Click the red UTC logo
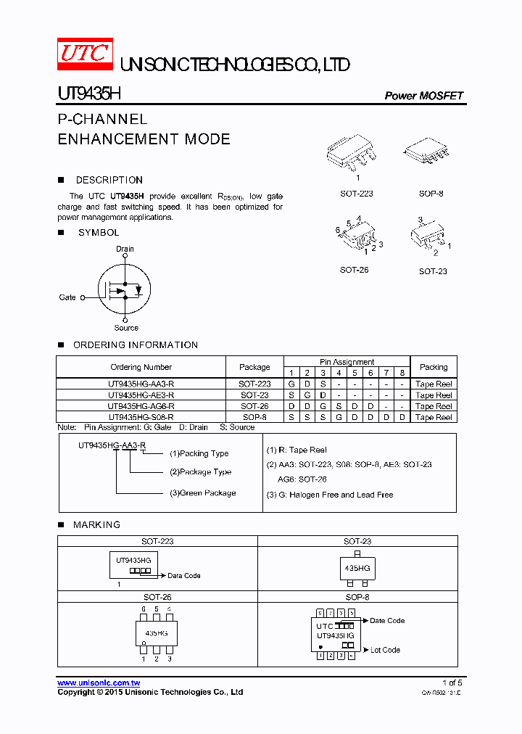tap(85, 54)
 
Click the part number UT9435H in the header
tap(90, 94)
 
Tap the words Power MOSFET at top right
tap(423, 96)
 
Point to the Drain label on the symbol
tap(125, 249)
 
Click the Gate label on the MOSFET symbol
tap(67, 297)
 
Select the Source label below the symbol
tap(126, 328)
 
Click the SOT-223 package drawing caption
tap(357, 194)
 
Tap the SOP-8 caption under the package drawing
tap(431, 194)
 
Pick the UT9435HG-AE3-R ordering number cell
tap(141, 395)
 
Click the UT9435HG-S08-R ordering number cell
tap(141, 417)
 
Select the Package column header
tap(254, 367)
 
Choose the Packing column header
tap(434, 367)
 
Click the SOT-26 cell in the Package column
tap(254, 406)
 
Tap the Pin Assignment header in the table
tap(347, 362)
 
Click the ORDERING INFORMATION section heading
tap(136, 345)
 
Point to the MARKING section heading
tap(96, 524)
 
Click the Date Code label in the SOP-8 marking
tap(387, 621)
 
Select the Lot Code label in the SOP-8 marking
tap(385, 650)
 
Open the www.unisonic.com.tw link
tap(99, 683)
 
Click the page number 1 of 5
tap(452, 683)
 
